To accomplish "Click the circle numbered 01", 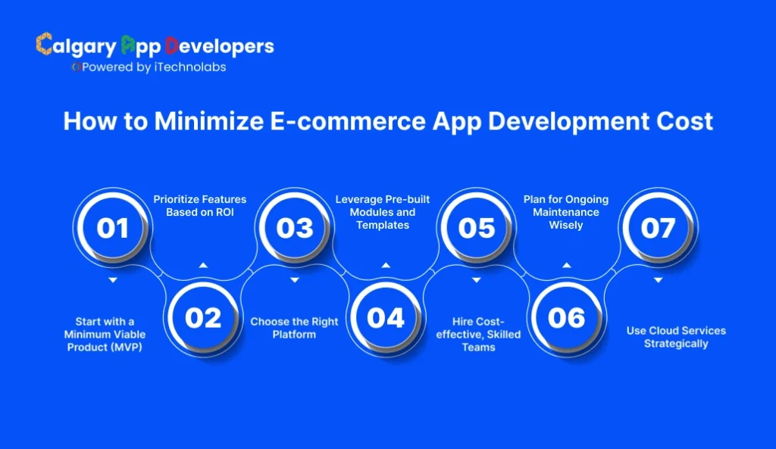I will click(x=112, y=227).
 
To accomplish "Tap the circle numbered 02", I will click(x=203, y=317).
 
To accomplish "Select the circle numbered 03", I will click(x=294, y=227).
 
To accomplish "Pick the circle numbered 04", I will click(x=385, y=317).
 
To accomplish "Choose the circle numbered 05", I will click(x=476, y=227).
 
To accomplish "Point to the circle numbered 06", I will click(x=567, y=317).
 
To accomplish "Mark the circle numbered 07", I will click(x=658, y=227).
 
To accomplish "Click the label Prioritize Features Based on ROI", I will click(x=200, y=205).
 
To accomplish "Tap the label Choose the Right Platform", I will click(x=294, y=328).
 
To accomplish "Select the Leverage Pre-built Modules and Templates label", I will click(x=383, y=212).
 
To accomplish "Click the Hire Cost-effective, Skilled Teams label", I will click(x=478, y=334).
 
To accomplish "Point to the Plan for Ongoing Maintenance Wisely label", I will click(x=566, y=212).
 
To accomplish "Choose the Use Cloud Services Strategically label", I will click(x=676, y=337).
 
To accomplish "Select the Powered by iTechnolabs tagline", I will click(x=150, y=67).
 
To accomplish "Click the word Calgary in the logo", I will click(x=76, y=46).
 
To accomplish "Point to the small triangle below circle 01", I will click(x=112, y=280).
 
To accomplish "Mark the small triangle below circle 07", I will click(x=658, y=280).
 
